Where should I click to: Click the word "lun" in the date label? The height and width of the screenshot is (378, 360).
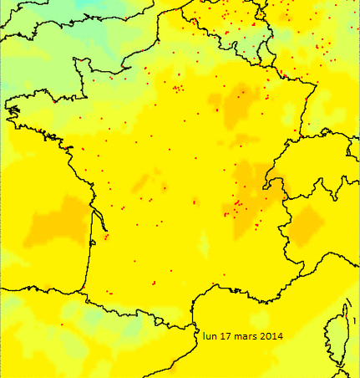(x=210, y=336)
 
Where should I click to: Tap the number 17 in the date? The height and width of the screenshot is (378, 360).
(x=226, y=336)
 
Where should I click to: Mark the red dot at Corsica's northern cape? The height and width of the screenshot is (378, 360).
(x=346, y=305)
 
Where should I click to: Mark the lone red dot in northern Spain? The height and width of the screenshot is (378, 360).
(x=61, y=324)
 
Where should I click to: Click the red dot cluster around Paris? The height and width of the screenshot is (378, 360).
(x=177, y=87)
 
